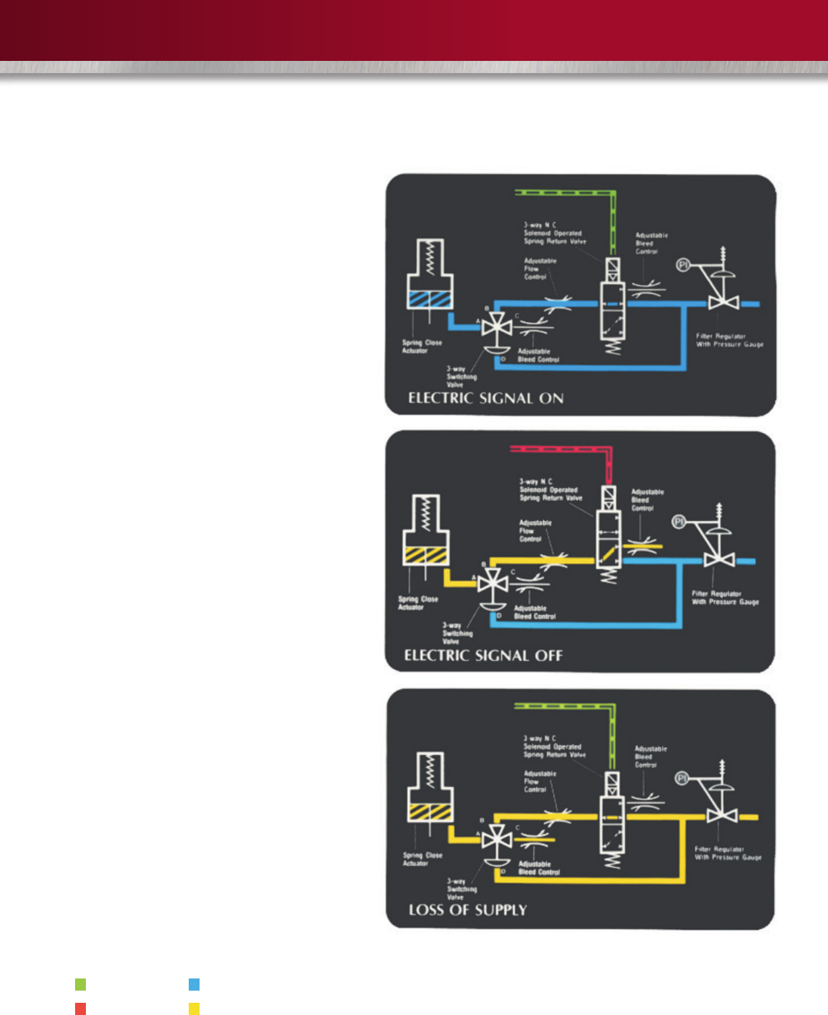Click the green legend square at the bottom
[x=80, y=984]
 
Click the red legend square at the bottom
[x=80, y=1009]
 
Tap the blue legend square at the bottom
[x=194, y=984]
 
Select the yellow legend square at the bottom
[x=194, y=1009]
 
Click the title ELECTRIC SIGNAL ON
[x=486, y=398]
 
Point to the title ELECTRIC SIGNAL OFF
[x=483, y=655]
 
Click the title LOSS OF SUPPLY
[x=467, y=909]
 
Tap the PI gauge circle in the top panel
[x=683, y=265]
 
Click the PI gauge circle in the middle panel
[x=678, y=521]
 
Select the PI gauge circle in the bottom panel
[x=683, y=778]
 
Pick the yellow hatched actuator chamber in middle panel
[x=425, y=555]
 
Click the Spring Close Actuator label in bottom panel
[x=415, y=859]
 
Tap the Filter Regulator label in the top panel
[x=729, y=340]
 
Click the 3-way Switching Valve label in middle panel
[x=458, y=633]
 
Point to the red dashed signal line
[x=561, y=449]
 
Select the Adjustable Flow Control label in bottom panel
[x=540, y=782]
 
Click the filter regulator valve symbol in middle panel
[x=718, y=560]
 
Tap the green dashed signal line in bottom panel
[x=565, y=706]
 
